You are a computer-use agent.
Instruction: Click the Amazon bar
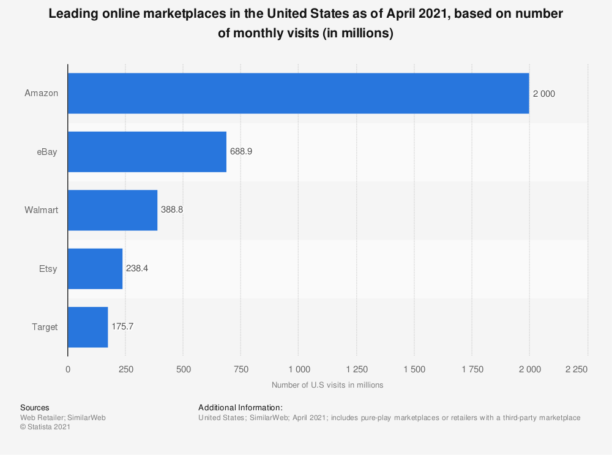[299, 93]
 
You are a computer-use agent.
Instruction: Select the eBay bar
[147, 151]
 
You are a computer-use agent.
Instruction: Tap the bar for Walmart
[113, 210]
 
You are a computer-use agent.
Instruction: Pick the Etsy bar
[95, 269]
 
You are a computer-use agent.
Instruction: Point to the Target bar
[88, 327]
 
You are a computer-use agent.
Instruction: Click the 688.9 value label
[241, 151]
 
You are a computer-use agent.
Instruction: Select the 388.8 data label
[172, 209]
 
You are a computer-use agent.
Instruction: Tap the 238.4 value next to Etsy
[137, 268]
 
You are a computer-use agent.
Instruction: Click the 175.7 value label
[122, 326]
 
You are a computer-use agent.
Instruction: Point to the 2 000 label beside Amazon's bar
[543, 94]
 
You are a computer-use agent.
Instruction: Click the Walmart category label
[42, 210]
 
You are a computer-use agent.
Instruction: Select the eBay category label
[47, 151]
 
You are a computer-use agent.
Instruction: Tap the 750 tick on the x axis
[241, 369]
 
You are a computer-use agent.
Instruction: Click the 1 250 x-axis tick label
[357, 369]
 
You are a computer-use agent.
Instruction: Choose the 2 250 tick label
[576, 369]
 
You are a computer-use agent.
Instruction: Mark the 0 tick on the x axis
[68, 369]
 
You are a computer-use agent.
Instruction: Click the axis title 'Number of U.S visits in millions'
[327, 385]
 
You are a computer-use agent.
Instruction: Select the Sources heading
[35, 408]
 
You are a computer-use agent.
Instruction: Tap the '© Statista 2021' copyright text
[45, 427]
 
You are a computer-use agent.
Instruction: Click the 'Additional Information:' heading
[241, 408]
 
